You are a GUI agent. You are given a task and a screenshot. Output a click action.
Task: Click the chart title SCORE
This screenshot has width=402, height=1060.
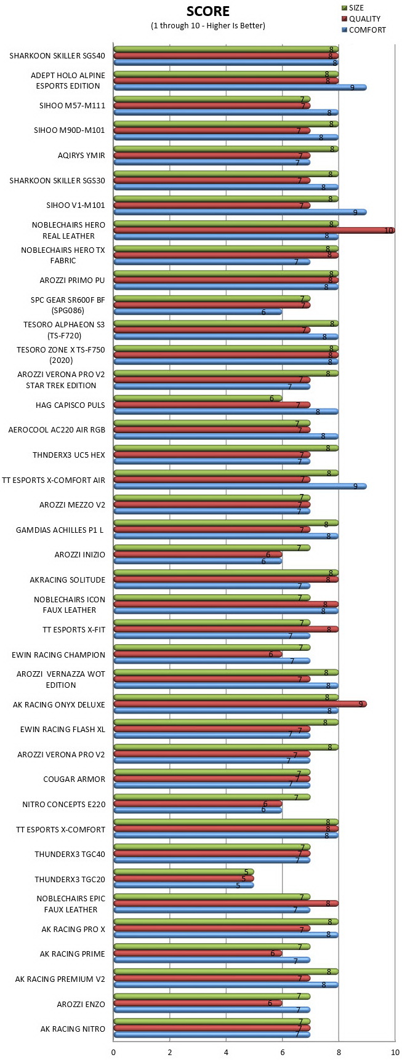(208, 11)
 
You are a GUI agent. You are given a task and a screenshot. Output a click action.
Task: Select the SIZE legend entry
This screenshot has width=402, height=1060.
(352, 8)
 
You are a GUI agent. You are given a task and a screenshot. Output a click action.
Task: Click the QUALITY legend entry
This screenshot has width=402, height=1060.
(360, 18)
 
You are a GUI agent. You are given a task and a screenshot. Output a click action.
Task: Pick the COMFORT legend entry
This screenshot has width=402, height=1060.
(363, 30)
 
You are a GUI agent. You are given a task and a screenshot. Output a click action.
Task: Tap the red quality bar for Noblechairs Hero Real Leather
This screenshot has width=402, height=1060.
(254, 230)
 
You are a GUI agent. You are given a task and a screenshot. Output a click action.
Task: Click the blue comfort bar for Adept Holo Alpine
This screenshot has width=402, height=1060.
(240, 87)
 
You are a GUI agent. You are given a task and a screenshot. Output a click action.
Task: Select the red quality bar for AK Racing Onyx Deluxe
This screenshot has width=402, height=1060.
(240, 704)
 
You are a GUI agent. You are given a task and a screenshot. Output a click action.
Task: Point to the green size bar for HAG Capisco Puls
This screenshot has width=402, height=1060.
(198, 399)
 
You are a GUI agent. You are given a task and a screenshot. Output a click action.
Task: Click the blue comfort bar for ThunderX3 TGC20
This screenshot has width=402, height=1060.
(184, 885)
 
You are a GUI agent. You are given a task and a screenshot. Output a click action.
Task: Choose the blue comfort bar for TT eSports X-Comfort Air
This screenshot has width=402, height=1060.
(240, 486)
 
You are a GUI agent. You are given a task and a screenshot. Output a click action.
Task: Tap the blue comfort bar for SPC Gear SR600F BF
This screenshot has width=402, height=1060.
(198, 312)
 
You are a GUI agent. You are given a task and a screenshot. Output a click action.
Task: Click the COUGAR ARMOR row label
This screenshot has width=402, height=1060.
(74, 779)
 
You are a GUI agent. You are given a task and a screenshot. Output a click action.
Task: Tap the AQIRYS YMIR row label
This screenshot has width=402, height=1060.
(81, 156)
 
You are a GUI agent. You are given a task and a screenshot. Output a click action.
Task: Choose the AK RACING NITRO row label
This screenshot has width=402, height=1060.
(73, 1029)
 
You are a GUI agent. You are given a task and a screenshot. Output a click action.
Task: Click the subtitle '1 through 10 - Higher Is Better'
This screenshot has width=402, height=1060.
(208, 26)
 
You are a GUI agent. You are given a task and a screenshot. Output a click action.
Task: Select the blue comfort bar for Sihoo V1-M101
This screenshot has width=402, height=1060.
(240, 212)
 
